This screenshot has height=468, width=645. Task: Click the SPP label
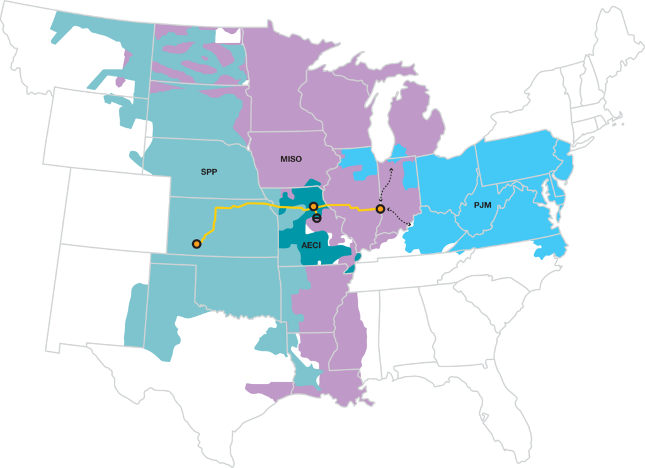point(210,172)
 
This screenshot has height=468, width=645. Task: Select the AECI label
point(311,245)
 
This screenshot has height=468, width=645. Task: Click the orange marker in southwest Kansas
point(197,243)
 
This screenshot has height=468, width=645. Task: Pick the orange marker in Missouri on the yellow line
point(313,206)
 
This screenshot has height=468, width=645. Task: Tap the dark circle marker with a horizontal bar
point(317,218)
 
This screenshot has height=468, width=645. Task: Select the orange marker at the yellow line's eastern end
point(380,208)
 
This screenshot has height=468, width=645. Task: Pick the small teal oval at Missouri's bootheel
point(358,257)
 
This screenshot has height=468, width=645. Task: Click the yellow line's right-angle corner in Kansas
point(216,208)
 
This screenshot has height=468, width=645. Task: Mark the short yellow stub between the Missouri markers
point(315,212)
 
